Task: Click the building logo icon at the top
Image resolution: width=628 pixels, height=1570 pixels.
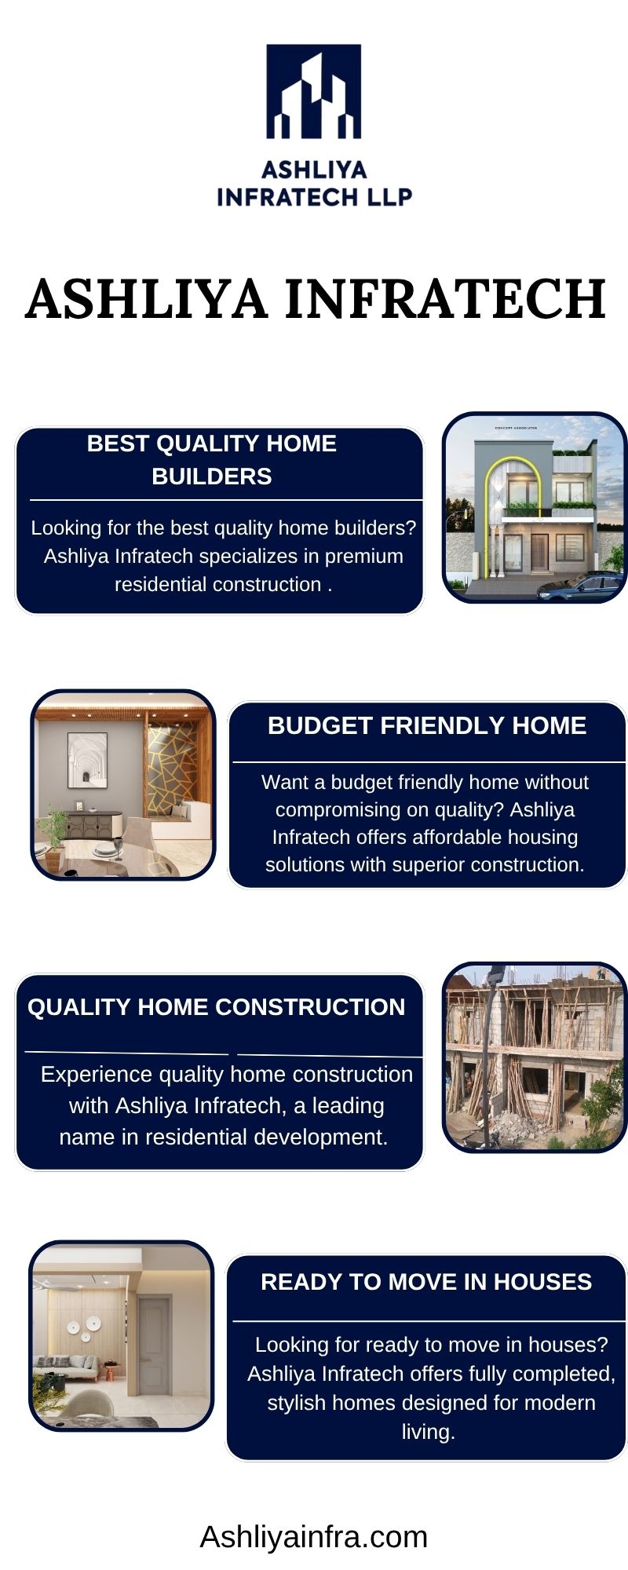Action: coord(314,91)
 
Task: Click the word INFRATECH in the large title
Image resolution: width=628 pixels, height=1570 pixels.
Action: coord(445,298)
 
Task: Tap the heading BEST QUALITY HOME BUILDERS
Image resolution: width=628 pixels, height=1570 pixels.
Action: coord(212,460)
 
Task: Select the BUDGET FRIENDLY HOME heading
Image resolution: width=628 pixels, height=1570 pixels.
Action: coord(427,725)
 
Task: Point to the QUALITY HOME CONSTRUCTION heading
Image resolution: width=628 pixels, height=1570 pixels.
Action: coord(217,1007)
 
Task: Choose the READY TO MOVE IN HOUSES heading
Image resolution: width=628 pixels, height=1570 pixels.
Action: coord(426,1282)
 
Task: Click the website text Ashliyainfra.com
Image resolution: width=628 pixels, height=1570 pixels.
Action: coord(314,1536)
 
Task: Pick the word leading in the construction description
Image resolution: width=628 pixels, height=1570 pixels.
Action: coord(349,1105)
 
